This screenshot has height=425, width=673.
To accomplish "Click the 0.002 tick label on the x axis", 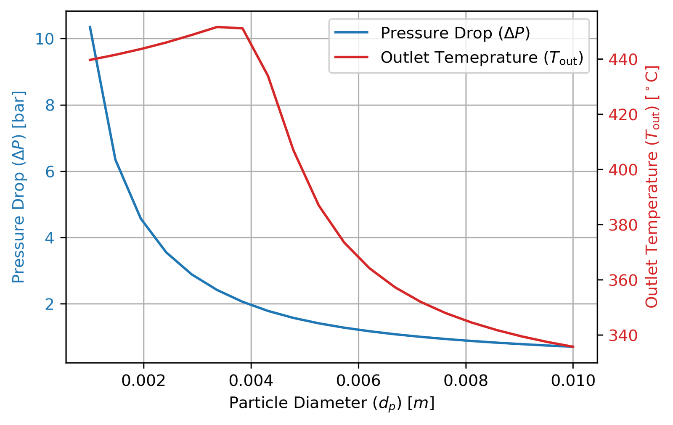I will click(143, 380).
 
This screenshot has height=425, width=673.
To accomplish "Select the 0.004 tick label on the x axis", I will click(251, 380).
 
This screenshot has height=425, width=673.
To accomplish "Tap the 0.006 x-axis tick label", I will click(358, 380).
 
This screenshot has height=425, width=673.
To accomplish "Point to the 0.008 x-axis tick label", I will click(466, 380).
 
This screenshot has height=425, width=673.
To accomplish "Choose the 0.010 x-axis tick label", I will click(573, 380).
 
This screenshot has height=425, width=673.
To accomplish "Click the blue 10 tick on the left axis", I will click(44, 39).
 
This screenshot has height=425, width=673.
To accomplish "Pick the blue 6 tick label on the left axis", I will click(50, 172).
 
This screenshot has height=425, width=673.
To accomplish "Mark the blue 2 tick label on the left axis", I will click(50, 304).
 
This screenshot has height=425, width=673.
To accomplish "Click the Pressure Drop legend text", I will click(455, 33).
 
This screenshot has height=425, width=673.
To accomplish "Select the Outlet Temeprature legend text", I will click(482, 58).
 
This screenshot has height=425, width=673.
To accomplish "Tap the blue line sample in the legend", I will click(351, 32).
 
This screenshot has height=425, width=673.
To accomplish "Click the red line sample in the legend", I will click(351, 57).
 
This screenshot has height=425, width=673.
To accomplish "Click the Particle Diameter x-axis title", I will click(331, 403).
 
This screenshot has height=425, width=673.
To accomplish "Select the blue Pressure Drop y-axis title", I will click(19, 187).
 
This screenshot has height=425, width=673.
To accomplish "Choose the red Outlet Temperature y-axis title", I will click(652, 187).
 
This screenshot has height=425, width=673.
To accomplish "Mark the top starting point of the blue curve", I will click(90, 27).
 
